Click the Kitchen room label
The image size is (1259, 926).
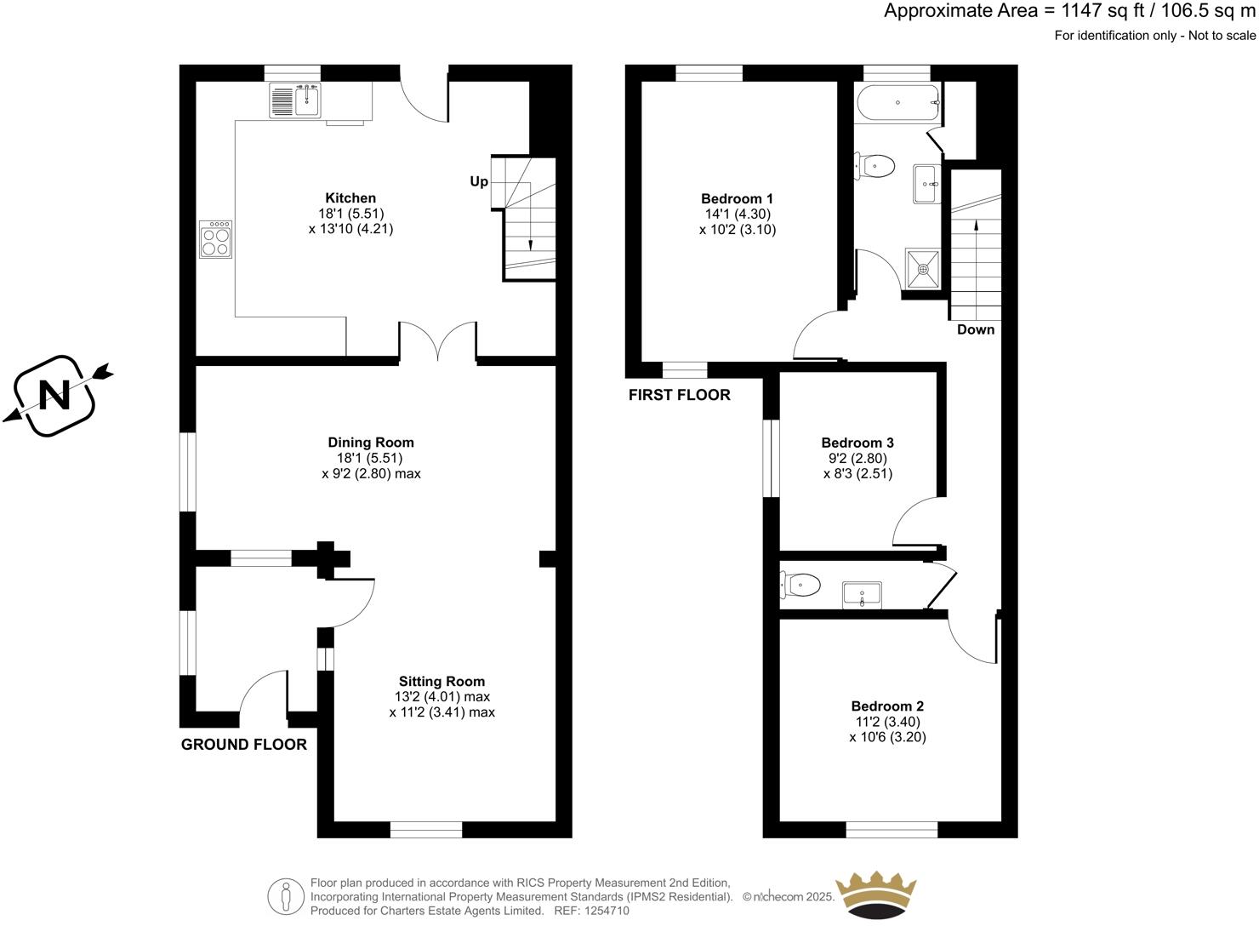click(350, 198)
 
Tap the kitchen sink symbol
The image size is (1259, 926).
click(294, 101)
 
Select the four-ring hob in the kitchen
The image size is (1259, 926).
click(216, 238)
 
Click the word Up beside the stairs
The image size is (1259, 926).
click(479, 181)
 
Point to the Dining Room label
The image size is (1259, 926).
click(371, 443)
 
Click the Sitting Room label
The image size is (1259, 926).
click(442, 681)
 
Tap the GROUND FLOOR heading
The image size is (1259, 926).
click(244, 745)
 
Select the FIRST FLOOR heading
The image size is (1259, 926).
click(679, 395)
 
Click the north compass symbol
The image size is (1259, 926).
click(55, 396)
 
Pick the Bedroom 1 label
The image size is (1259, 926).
click(737, 198)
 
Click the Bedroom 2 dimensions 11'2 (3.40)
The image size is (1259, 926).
click(887, 722)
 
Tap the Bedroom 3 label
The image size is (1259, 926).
click(857, 443)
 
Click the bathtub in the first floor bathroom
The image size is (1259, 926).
click(898, 102)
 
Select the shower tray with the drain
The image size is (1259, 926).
click(923, 269)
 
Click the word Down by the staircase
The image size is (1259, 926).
click(975, 329)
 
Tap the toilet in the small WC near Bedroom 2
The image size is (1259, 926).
click(801, 585)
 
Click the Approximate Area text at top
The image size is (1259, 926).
click(1068, 11)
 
